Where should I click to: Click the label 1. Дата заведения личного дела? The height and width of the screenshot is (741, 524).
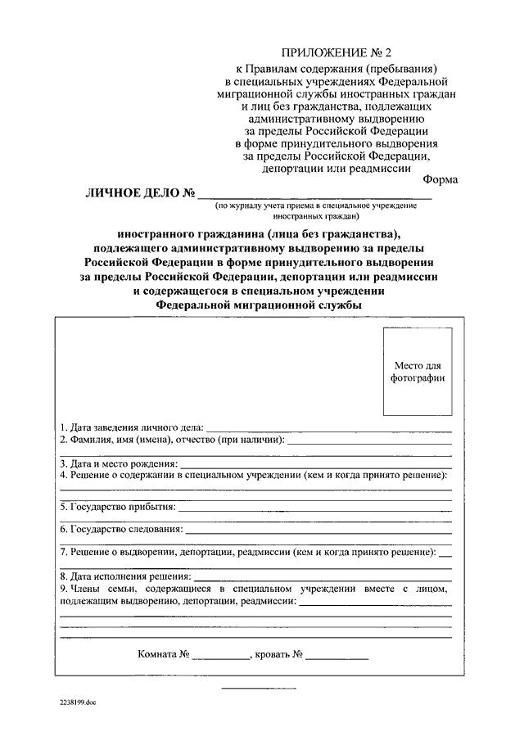click(132, 427)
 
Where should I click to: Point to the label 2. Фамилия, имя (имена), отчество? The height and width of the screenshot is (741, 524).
click(173, 440)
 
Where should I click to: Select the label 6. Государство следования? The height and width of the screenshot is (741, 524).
click(121, 530)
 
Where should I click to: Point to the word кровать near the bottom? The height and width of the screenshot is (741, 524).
click(273, 655)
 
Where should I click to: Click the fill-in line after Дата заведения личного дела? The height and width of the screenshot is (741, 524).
click(327, 430)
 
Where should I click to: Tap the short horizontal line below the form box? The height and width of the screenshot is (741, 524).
click(251, 688)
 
